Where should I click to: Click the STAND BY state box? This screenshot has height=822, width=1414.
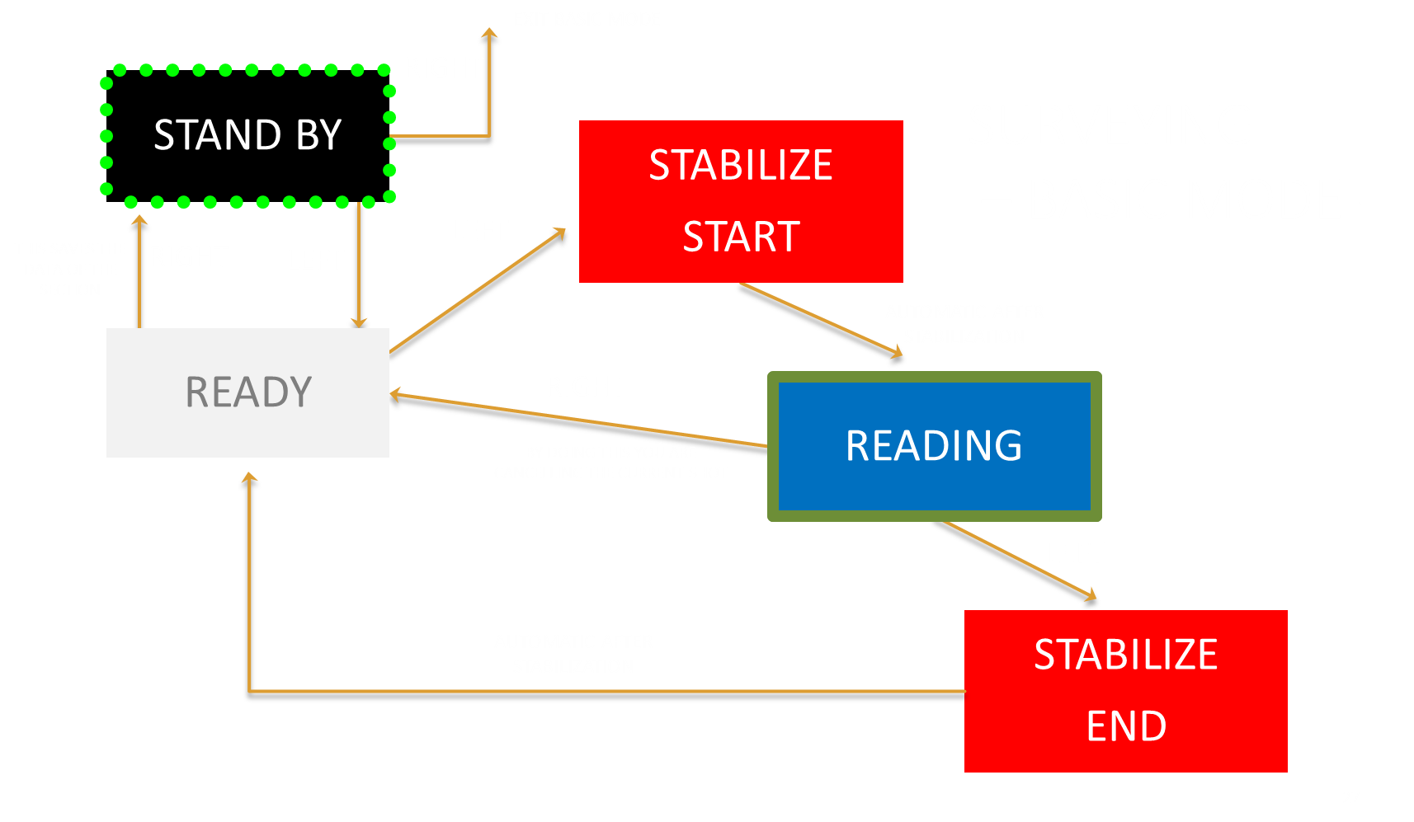(x=247, y=135)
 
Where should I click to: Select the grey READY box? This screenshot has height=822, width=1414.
(x=247, y=392)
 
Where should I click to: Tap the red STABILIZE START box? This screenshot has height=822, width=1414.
(x=741, y=201)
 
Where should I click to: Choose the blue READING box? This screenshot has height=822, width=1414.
(x=934, y=446)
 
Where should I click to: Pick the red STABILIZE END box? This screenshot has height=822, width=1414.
(x=1125, y=691)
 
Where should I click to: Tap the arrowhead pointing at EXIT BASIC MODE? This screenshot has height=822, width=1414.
(x=490, y=33)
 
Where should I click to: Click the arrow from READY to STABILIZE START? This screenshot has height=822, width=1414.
(x=477, y=291)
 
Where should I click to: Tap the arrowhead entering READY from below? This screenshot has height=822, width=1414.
(x=249, y=477)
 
